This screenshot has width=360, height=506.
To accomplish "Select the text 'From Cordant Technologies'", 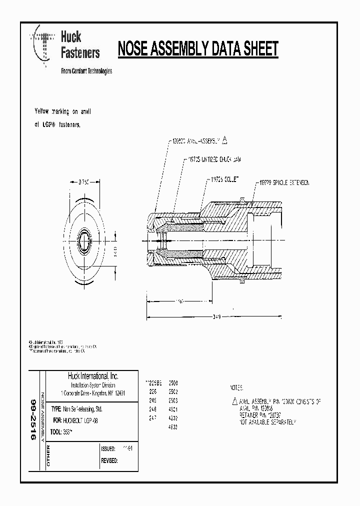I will coord(86,71).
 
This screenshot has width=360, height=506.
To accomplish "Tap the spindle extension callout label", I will coord(284,183).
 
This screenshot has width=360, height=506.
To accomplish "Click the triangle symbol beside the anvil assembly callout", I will coord(225,140).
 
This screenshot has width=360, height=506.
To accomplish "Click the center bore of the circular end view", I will coord(85,245).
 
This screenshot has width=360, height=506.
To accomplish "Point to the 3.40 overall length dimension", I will coord(216,317).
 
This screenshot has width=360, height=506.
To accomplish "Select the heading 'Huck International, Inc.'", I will coord(93,376).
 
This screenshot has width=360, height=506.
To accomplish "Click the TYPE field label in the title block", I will coord(56,408).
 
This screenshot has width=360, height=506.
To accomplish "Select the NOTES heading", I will coord(236,387).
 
